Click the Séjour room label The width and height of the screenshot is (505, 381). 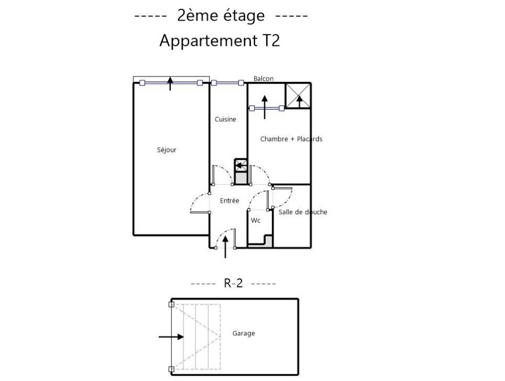click(x=167, y=150)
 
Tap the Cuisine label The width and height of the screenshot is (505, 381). click(x=225, y=119)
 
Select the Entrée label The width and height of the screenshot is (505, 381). click(x=229, y=201)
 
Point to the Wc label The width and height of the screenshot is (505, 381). click(x=255, y=221)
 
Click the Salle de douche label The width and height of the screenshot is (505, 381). click(x=303, y=212)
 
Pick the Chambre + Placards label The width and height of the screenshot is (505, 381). click(x=291, y=139)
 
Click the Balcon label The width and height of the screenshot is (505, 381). click(x=264, y=78)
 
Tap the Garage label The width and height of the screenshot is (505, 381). click(x=244, y=334)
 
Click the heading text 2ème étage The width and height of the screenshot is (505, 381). click(x=221, y=15)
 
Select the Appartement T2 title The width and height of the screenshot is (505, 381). click(x=220, y=41)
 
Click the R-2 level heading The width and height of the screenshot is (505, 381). click(x=233, y=283)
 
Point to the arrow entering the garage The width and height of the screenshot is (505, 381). click(x=171, y=337)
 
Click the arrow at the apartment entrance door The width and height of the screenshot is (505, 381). click(x=225, y=247)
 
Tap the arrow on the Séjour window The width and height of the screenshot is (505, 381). click(x=170, y=83)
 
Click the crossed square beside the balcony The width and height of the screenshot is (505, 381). click(x=298, y=96)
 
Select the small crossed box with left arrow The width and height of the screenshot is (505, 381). click(x=240, y=166)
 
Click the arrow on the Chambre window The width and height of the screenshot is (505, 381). click(x=265, y=107)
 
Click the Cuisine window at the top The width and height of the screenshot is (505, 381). click(x=228, y=83)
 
